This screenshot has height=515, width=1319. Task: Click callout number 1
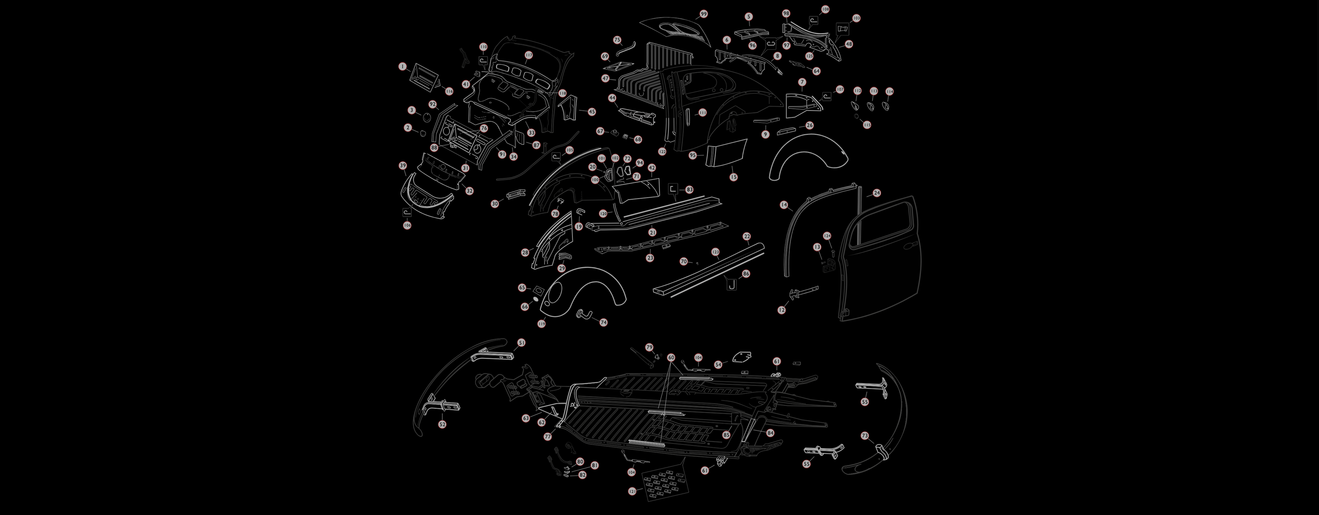coord(403,67)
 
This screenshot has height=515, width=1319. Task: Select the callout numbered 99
coord(703,14)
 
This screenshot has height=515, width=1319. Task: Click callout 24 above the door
coord(877,193)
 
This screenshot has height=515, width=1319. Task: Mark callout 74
coord(603,323)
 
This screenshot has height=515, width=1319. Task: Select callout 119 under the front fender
coord(541,324)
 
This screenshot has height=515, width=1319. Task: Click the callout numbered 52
coord(442,424)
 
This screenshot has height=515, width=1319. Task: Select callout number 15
coord(733,177)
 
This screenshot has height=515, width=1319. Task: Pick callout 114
coord(889,91)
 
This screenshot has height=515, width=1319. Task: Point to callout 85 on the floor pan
coord(726,435)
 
